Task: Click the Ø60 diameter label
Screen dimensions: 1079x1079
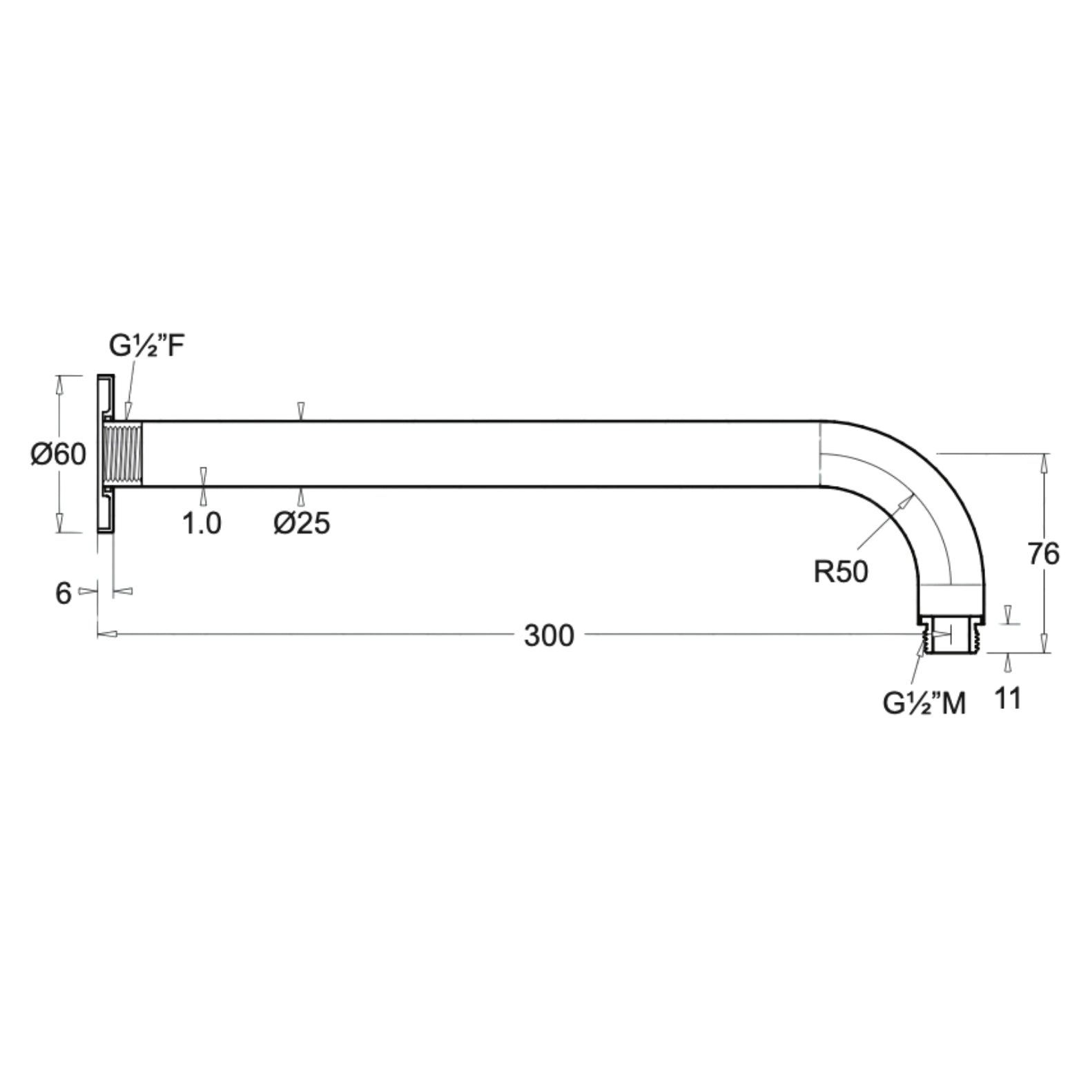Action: click(x=58, y=454)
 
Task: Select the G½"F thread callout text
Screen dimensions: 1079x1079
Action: click(x=146, y=347)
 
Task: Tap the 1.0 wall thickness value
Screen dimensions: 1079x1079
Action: click(x=202, y=524)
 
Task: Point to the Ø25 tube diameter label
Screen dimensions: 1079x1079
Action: click(x=302, y=524)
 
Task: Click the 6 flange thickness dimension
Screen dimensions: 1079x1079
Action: click(x=63, y=593)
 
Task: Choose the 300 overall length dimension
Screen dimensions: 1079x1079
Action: click(x=549, y=635)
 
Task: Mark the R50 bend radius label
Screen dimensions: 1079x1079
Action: click(x=840, y=572)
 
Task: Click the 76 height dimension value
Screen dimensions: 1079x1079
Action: click(x=1042, y=554)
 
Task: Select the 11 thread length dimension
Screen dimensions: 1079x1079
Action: click(x=1008, y=699)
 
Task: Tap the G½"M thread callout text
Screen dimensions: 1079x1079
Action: click(x=924, y=703)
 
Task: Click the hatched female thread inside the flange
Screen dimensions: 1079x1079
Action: click(x=123, y=454)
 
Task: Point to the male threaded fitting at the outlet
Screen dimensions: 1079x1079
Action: click(x=953, y=636)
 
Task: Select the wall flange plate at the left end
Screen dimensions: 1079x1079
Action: click(x=104, y=454)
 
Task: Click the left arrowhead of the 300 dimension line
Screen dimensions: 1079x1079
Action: click(x=107, y=633)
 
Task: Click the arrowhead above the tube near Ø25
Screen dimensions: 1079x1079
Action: click(x=300, y=411)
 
